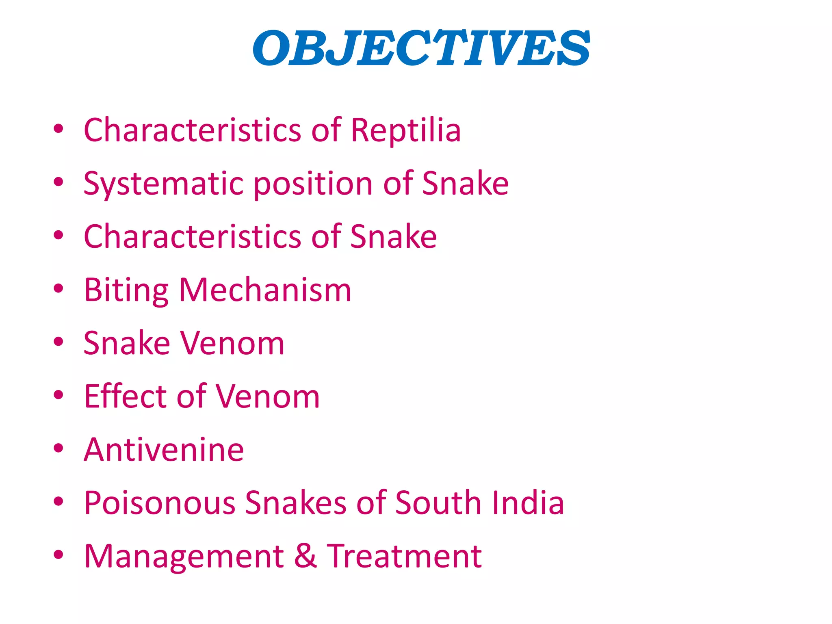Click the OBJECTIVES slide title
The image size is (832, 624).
click(421, 48)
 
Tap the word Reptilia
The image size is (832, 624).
click(406, 130)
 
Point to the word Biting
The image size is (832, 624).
click(126, 290)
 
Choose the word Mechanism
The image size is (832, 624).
click(265, 290)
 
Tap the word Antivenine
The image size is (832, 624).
click(164, 450)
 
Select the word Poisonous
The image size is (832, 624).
click(160, 503)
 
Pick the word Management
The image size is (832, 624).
click(184, 557)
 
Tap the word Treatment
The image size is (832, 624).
click(405, 557)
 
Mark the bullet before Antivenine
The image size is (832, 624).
click(58, 448)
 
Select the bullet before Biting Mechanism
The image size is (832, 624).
click(58, 288)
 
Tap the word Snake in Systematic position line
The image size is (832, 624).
click(465, 184)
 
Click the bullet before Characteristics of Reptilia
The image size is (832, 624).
click(58, 129)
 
